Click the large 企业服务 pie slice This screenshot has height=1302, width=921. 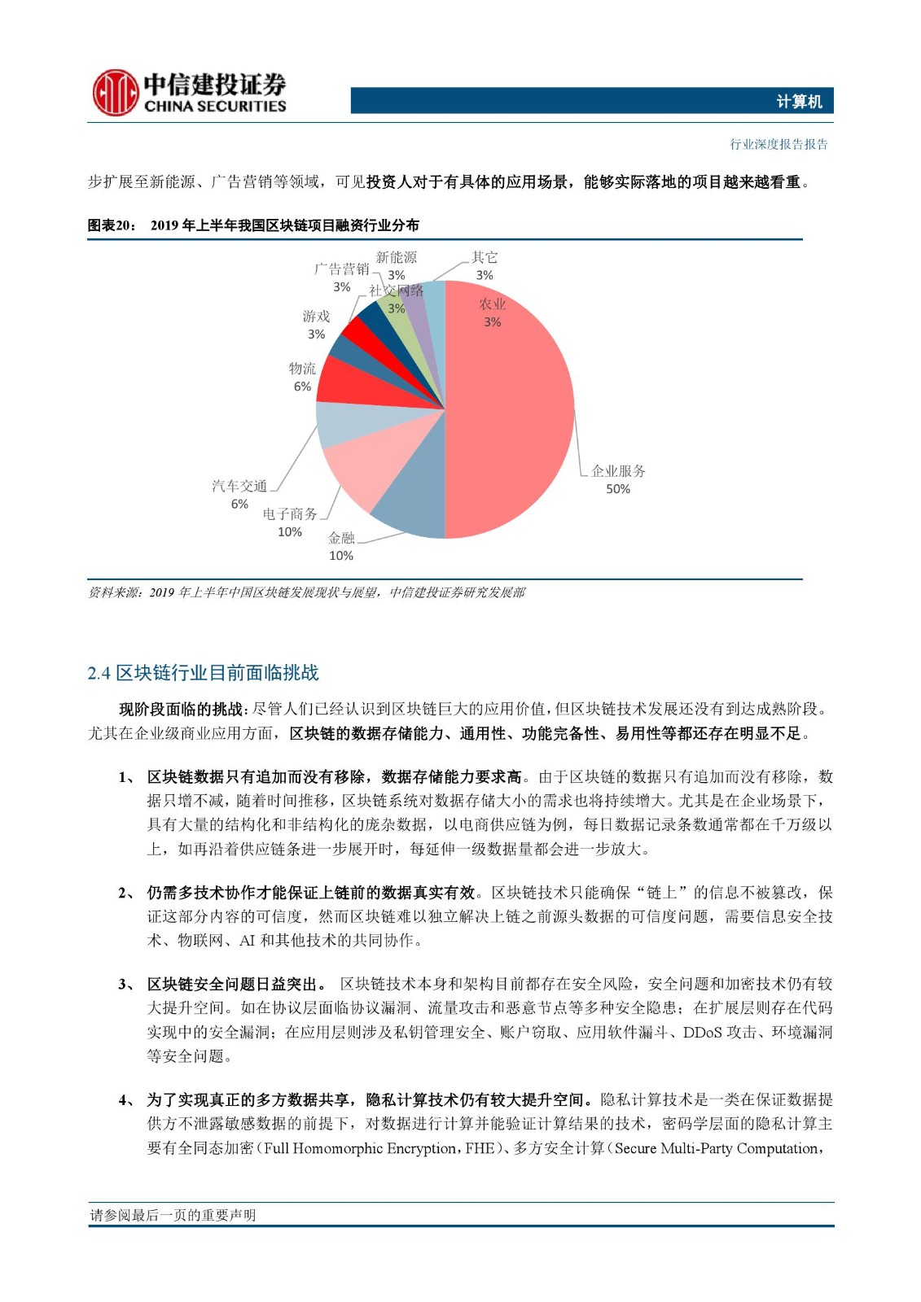point(513,407)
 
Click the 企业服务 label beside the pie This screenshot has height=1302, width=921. point(618,471)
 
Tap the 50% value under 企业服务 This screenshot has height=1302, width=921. point(618,489)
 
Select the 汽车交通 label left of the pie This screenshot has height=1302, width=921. point(239,486)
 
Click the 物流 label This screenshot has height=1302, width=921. point(302,369)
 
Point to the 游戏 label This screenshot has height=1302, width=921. point(316,317)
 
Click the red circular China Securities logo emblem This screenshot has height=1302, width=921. point(115,93)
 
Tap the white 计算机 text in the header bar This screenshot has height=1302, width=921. point(799,102)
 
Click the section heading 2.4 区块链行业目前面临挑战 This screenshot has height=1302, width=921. point(203,673)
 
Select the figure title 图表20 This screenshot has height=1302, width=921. point(112,225)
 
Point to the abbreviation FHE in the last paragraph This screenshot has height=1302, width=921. point(479,1148)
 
